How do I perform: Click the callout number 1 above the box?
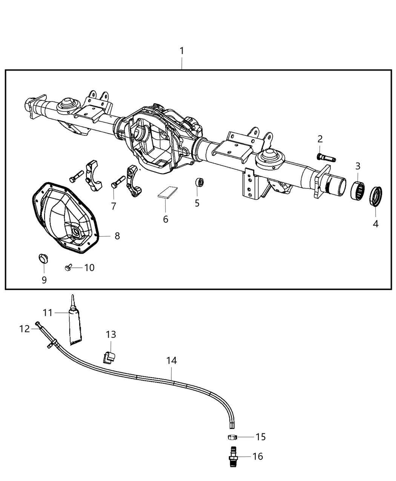pyautogui.click(x=182, y=51)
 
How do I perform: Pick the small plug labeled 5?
pyautogui.click(x=200, y=183)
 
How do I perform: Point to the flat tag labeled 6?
pyautogui.click(x=168, y=192)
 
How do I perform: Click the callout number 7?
pyautogui.click(x=114, y=206)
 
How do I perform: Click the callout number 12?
pyautogui.click(x=25, y=329)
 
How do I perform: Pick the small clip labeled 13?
pyautogui.click(x=110, y=356)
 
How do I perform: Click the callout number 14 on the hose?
pyautogui.click(x=171, y=361)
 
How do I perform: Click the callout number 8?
pyautogui.click(x=117, y=236)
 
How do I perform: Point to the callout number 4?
pyautogui.click(x=375, y=224)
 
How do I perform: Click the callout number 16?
pyautogui.click(x=258, y=456)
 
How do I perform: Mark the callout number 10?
pyautogui.click(x=89, y=267)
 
